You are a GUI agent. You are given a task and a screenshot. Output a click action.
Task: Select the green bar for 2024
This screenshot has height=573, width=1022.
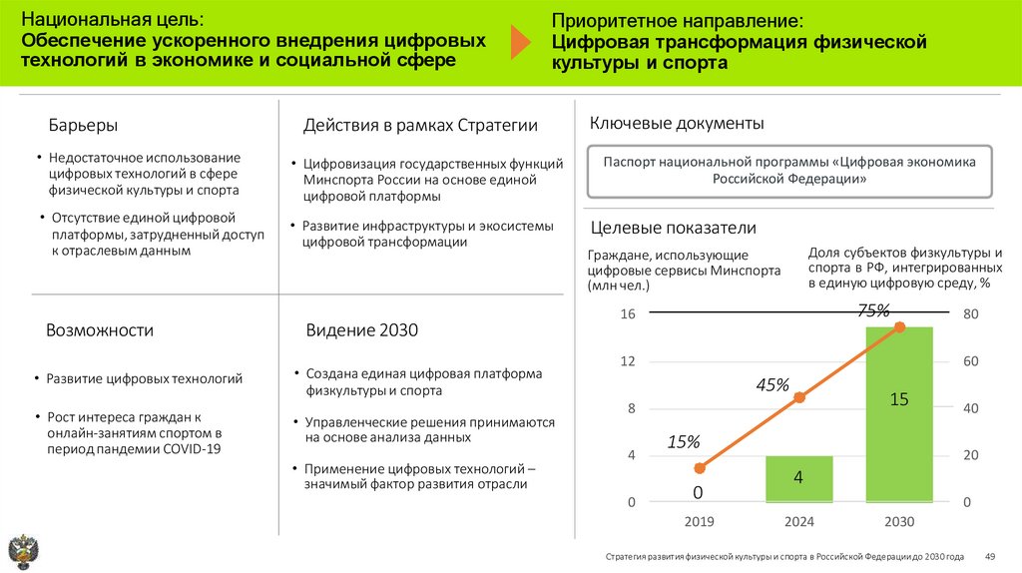click(x=798, y=479)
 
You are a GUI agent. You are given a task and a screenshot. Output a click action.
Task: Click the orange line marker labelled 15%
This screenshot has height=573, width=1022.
click(x=700, y=467)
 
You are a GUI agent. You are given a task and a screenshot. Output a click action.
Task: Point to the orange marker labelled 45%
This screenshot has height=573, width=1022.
click(x=798, y=397)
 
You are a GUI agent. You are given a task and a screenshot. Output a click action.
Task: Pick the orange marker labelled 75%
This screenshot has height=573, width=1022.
click(x=899, y=326)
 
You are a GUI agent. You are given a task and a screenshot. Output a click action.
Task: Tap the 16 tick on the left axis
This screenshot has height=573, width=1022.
click(x=628, y=314)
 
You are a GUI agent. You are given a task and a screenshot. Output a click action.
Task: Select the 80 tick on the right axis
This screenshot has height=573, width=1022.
click(x=970, y=314)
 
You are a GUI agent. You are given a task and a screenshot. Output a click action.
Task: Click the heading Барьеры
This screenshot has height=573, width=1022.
click(x=84, y=126)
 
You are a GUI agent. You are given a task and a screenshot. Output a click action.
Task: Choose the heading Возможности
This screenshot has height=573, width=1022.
click(x=100, y=330)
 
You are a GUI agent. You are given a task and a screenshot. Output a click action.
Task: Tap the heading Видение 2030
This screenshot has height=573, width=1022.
click(x=361, y=330)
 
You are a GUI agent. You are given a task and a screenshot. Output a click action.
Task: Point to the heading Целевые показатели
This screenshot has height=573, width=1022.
click(x=673, y=228)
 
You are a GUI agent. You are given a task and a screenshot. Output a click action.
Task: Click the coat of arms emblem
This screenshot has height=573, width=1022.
click(x=22, y=551)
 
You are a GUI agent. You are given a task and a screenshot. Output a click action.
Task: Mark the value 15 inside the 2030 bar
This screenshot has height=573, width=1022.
click(x=898, y=399)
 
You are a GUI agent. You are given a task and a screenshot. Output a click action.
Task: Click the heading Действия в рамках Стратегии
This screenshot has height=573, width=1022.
click(x=420, y=126)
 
